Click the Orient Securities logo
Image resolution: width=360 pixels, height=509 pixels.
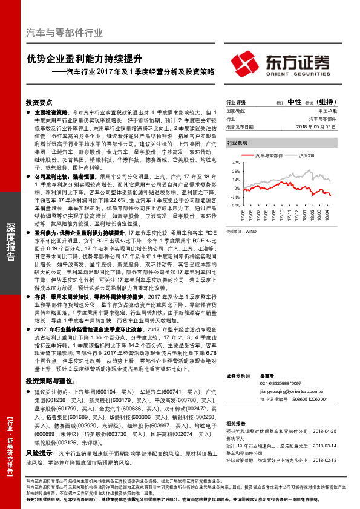pyautogui.click(x=280, y=62)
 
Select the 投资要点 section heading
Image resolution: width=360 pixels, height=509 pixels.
pyautogui.click(x=40, y=103)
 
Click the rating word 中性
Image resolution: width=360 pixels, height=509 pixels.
pyautogui.click(x=295, y=102)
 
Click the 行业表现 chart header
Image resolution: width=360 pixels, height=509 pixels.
pyautogui.click(x=237, y=143)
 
